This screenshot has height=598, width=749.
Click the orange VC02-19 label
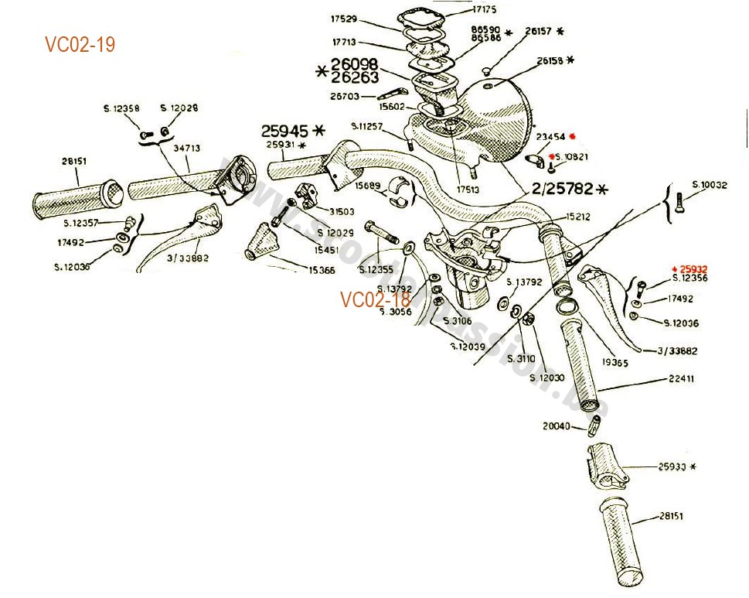tap(80, 45)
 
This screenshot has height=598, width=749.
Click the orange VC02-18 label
tap(375, 299)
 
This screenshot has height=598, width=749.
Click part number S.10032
tap(709, 185)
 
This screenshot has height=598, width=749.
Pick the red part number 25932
tap(690, 268)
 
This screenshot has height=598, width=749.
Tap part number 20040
tap(557, 425)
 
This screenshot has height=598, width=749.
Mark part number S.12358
tap(121, 108)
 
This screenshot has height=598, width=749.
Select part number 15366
tap(322, 270)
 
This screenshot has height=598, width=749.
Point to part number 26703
tap(345, 97)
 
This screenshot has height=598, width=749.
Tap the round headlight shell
tap(495, 116)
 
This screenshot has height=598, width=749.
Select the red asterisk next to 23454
tap(573, 137)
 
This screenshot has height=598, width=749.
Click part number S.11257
tap(366, 126)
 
